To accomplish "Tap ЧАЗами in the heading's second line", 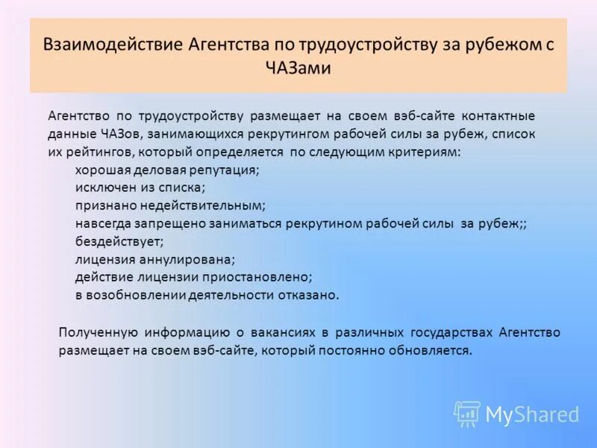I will (x=298, y=69).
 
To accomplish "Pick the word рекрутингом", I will (x=293, y=134).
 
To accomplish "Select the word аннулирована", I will (x=185, y=259).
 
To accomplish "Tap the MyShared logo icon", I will (x=467, y=414).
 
